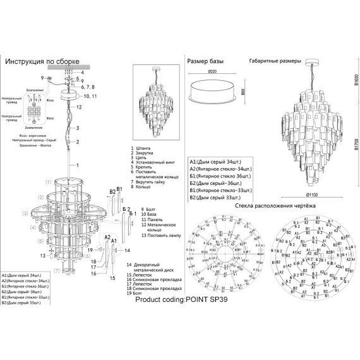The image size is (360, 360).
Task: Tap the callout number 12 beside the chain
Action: click(80, 107)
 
